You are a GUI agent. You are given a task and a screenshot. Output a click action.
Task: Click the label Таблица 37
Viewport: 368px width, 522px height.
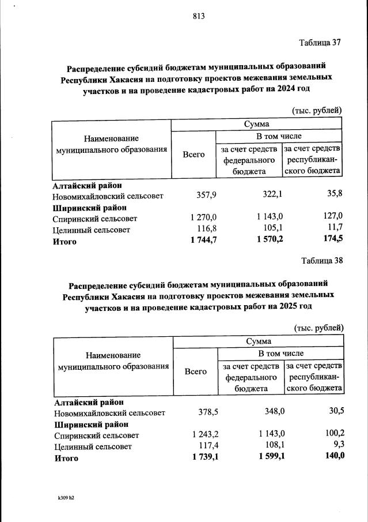[x=321, y=43]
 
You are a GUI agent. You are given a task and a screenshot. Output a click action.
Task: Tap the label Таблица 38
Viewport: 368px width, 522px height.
[x=322, y=260]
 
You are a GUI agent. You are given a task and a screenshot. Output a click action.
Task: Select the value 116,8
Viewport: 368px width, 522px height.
[x=206, y=230]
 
